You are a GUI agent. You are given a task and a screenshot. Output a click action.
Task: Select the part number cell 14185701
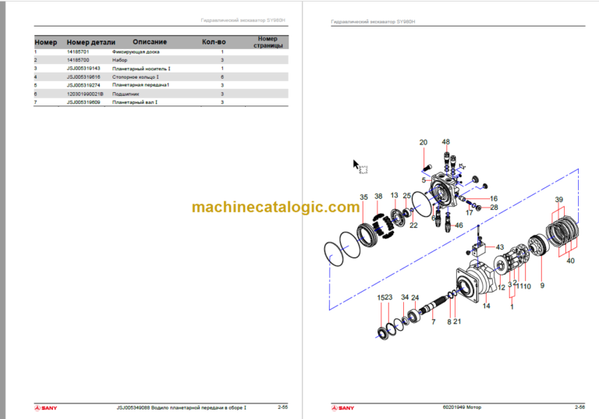[77, 51]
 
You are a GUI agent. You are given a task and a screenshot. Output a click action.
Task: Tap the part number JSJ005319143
[82, 69]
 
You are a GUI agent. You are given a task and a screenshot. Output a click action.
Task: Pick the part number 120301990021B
[84, 94]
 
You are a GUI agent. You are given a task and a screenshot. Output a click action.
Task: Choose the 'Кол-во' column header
[214, 42]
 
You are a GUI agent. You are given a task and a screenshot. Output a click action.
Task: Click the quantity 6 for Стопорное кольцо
[222, 77]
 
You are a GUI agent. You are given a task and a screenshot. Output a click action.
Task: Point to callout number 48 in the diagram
[446, 142]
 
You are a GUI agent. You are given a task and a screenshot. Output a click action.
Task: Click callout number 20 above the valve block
[424, 142]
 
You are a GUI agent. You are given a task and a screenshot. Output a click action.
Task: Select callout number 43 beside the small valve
[500, 247]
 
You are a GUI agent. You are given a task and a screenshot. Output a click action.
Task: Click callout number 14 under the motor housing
[486, 306]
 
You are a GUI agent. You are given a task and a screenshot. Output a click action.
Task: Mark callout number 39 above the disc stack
[558, 200]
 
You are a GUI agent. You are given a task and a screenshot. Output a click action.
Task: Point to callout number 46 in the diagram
[459, 225]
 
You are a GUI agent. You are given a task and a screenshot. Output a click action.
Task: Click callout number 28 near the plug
[494, 207]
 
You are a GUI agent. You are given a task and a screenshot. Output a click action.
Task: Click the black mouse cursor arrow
[356, 165]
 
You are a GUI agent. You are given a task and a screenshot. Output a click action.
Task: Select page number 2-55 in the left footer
[282, 407]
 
